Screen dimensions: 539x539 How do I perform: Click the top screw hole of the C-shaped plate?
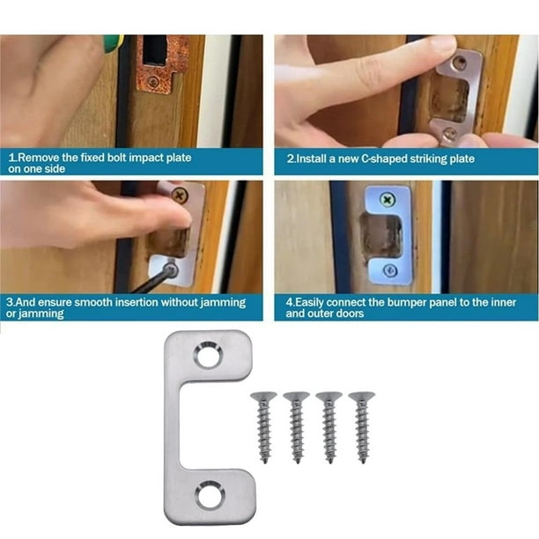[x=208, y=355]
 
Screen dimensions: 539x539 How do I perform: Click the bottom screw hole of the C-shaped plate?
[x=210, y=495]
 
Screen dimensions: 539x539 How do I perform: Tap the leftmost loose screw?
[x=263, y=427]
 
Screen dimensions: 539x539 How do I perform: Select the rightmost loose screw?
[x=362, y=427]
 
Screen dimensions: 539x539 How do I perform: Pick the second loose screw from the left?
[x=296, y=427]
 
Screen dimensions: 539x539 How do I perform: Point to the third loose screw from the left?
[x=329, y=427]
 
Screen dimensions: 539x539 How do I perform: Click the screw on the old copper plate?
[x=153, y=82]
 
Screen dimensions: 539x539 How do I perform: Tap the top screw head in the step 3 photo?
[x=180, y=196]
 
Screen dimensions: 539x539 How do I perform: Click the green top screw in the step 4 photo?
[x=388, y=200]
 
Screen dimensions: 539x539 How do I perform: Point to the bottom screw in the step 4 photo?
[x=390, y=270]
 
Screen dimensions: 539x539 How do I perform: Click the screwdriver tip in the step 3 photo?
[x=170, y=270]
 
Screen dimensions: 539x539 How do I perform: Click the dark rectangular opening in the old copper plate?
[x=155, y=50]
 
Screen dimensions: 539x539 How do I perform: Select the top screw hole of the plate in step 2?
[x=459, y=63]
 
